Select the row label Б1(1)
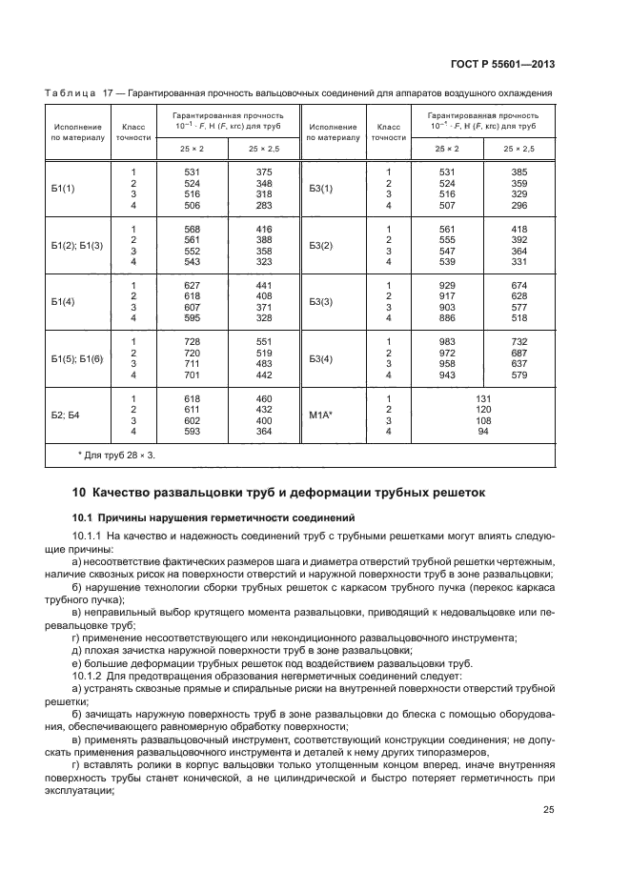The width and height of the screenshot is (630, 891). (x=64, y=188)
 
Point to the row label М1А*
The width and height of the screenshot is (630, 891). (x=321, y=415)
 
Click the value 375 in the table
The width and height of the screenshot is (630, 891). (x=264, y=171)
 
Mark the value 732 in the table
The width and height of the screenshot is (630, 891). (x=518, y=341)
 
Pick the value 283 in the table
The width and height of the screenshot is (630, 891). (x=264, y=205)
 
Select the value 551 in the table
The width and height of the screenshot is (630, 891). (x=264, y=341)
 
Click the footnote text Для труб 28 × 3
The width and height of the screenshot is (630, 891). (x=118, y=456)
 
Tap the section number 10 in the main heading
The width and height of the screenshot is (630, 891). (x=79, y=493)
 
